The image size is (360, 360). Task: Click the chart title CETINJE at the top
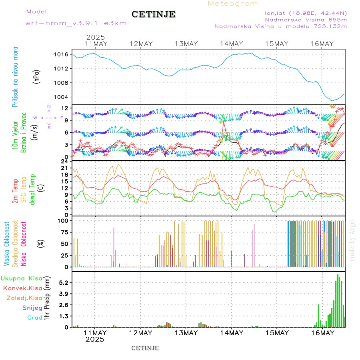tap(153, 14)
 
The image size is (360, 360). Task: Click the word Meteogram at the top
tap(233, 4)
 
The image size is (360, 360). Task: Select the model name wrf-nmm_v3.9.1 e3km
tap(76, 23)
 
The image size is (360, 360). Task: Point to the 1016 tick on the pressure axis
tap(64, 54)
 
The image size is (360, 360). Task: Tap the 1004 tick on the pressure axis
tap(64, 97)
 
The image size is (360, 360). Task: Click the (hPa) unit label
tap(37, 76)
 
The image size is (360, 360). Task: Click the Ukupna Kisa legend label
tap(22, 278)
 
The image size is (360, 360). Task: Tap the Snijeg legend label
tap(32, 308)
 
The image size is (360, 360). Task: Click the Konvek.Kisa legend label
tap(22, 288)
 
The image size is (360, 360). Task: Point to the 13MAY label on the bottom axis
tap(186, 333)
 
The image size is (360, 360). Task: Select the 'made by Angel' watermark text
tap(352, 240)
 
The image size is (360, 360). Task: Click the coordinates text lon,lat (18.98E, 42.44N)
tap(306, 12)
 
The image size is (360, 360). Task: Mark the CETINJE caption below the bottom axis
tap(145, 348)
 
